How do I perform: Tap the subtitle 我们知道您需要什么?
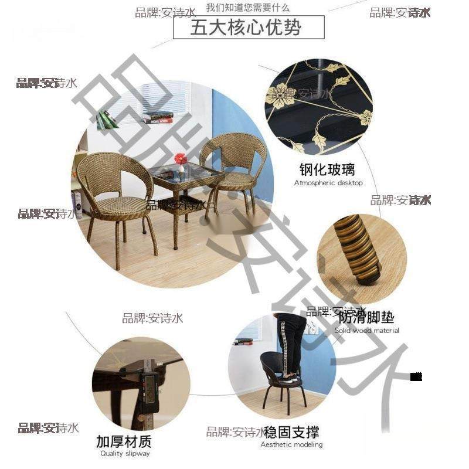tap(248, 8)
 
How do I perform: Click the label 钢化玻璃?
tap(328, 171)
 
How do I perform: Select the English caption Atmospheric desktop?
tap(328, 183)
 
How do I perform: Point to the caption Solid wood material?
tap(367, 331)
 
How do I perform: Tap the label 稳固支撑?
tap(291, 433)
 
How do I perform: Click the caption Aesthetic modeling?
tap(291, 444)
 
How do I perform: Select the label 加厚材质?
tap(124, 441)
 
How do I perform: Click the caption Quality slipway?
tap(124, 453)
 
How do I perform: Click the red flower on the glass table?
tap(181, 159)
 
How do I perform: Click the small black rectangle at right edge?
tap(416, 376)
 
